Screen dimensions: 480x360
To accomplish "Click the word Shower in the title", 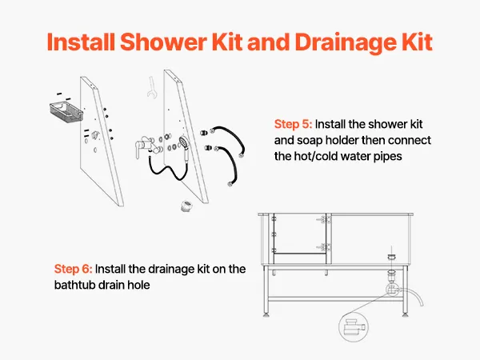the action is point(163,42).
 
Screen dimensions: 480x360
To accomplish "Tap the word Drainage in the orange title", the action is point(342,43).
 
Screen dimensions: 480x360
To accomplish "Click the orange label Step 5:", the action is point(293,125).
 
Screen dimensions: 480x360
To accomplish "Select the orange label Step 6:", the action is point(73,269).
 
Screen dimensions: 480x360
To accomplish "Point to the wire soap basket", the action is point(66,112).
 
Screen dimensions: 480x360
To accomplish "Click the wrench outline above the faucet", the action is point(151,87).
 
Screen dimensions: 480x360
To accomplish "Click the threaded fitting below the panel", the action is point(186,206).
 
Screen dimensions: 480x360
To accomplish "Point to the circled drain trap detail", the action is point(354,327).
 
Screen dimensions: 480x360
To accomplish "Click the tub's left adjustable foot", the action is point(266,314).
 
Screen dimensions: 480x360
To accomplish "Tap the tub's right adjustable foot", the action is point(405,314).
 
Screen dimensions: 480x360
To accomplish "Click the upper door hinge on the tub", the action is point(326,219).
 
